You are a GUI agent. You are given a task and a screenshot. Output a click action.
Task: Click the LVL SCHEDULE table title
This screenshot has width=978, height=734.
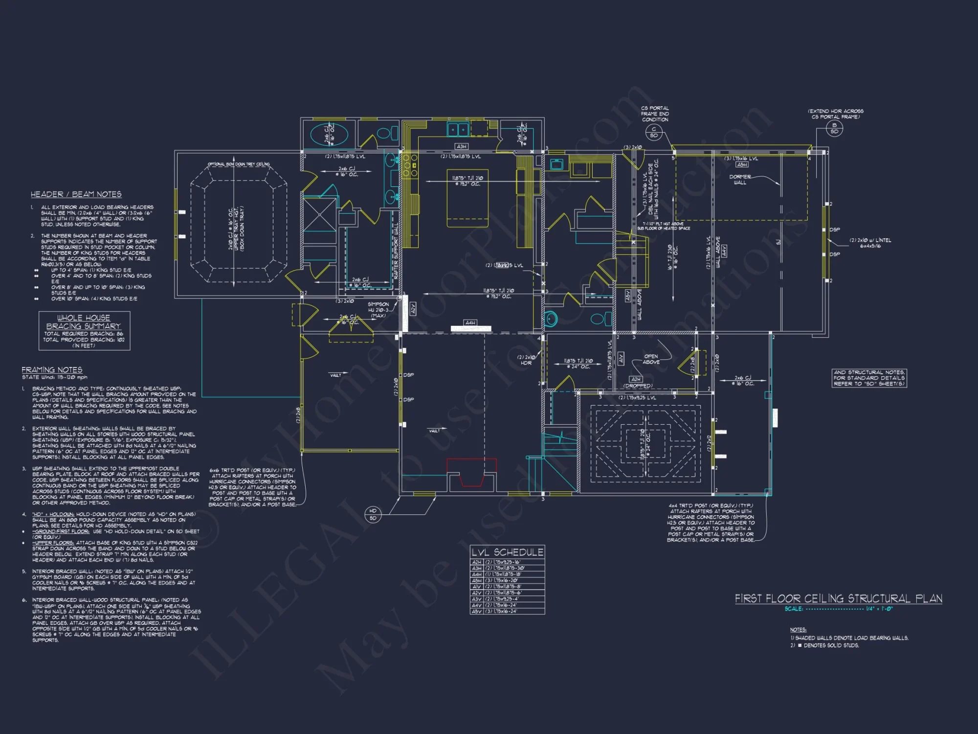click(507, 552)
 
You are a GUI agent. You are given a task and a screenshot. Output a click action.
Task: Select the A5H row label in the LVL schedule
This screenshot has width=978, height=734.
click(476, 580)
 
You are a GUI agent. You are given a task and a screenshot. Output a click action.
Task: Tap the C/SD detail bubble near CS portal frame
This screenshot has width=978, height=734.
click(654, 132)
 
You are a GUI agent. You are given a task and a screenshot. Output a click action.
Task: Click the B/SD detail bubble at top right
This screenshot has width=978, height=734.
click(834, 128)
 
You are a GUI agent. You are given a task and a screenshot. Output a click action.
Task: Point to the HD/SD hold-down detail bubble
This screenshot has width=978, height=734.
click(373, 514)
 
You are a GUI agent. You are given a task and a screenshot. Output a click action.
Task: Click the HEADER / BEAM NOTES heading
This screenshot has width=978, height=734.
click(76, 194)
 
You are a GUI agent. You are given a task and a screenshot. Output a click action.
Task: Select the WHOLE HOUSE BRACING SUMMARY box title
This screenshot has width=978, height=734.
click(84, 322)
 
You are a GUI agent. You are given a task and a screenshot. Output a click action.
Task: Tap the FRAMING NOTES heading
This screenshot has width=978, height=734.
click(52, 370)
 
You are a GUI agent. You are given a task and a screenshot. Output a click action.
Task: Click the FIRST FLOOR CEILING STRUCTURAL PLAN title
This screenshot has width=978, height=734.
click(838, 598)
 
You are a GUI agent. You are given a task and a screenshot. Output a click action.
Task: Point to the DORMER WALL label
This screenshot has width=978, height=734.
click(740, 180)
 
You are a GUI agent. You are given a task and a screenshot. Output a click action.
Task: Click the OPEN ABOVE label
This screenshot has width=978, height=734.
click(651, 359)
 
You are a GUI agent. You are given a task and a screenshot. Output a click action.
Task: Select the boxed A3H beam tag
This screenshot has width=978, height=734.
click(462, 146)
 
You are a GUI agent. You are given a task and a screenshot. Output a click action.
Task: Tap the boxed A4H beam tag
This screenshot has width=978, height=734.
click(470, 323)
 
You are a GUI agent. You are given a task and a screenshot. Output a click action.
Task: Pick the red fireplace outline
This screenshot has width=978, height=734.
click(471, 472)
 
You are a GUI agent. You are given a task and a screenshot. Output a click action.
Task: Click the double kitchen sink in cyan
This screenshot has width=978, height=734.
click(458, 129)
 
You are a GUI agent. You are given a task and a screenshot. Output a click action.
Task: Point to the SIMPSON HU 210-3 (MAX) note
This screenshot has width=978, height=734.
click(378, 310)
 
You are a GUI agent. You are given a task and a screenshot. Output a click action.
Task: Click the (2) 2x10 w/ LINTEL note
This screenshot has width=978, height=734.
click(870, 243)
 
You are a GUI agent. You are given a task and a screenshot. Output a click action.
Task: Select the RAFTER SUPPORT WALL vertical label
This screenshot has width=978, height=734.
click(396, 252)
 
